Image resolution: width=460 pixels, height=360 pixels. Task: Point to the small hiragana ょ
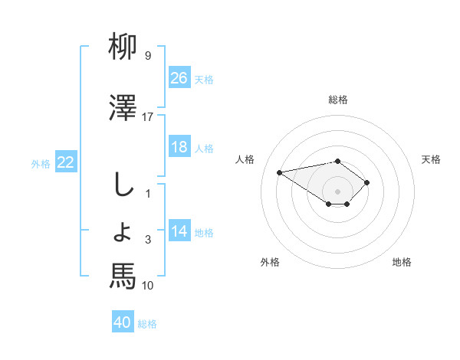coord(123,231)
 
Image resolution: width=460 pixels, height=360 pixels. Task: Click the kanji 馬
coord(123,275)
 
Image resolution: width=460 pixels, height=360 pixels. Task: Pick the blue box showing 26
coord(179,78)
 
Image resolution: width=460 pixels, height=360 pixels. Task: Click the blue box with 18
coord(179,147)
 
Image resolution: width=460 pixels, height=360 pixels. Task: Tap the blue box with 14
coord(179,232)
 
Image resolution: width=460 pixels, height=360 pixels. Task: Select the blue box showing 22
coord(66,162)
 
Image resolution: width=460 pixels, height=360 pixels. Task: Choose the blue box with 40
coord(123,323)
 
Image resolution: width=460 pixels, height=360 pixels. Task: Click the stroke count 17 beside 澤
coord(148,117)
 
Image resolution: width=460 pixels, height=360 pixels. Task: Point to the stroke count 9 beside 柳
coord(148,56)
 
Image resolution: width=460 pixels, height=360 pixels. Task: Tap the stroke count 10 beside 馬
coord(148,286)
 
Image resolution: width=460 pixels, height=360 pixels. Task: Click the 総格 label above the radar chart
coord(338,100)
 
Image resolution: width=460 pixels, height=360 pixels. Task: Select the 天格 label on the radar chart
coord(432,159)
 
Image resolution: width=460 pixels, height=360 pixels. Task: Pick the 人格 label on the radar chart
coord(245,159)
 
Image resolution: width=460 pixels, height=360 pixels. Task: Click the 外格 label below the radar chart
coord(270,262)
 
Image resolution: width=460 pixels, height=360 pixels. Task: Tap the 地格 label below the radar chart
coord(402,262)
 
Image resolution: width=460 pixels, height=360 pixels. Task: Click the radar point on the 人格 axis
coord(280,172)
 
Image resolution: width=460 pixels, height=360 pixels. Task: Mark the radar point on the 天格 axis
coord(367,182)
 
